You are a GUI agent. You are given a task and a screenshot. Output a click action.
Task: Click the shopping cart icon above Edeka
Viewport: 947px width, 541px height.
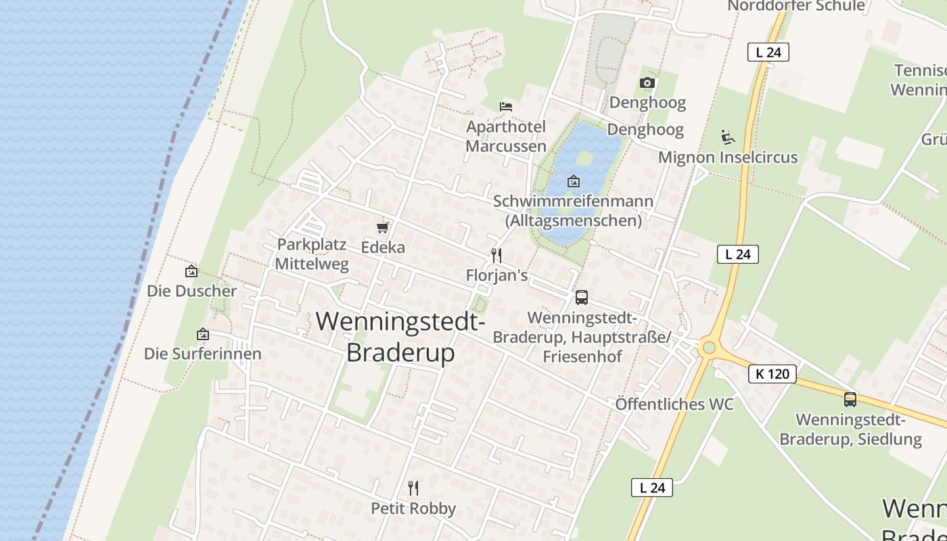pos(383,227)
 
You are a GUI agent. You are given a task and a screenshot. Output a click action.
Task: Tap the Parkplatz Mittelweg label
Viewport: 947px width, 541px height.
pos(312,254)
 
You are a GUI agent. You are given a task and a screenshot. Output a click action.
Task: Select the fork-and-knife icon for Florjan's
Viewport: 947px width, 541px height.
pos(496,255)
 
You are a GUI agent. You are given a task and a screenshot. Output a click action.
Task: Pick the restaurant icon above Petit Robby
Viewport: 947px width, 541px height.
pos(413,488)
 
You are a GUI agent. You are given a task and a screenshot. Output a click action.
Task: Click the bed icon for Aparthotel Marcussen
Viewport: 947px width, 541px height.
pos(506,106)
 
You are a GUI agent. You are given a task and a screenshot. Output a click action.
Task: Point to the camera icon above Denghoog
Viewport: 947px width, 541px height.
pos(647,83)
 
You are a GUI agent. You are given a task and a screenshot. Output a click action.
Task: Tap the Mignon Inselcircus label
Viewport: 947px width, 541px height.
pos(729,158)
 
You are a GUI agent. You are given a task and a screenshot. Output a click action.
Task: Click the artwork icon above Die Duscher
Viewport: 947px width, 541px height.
pos(191,271)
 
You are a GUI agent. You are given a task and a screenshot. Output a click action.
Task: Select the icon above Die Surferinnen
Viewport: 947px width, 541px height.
pos(202,334)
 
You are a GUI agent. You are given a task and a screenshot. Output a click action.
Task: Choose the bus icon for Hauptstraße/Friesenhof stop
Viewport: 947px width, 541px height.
pos(581,297)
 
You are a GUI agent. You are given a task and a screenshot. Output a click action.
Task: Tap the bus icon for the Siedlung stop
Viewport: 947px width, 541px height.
pos(850,399)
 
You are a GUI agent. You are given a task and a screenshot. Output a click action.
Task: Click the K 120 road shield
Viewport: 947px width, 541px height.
pos(772,373)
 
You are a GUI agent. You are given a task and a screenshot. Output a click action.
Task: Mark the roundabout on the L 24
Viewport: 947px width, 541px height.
pos(708,348)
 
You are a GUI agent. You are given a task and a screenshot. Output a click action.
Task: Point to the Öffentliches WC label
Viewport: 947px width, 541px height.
pos(674,404)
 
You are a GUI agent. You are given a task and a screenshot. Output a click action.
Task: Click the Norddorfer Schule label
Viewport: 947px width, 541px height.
pos(796,6)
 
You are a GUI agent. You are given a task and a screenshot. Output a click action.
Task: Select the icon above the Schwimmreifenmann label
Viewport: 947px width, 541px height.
pos(574,181)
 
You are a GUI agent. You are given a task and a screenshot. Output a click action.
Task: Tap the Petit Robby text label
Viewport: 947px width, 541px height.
pos(413,509)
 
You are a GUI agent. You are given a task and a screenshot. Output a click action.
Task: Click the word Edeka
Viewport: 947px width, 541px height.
pos(383,248)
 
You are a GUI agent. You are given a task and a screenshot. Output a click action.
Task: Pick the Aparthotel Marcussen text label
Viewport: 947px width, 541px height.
pos(506,136)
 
